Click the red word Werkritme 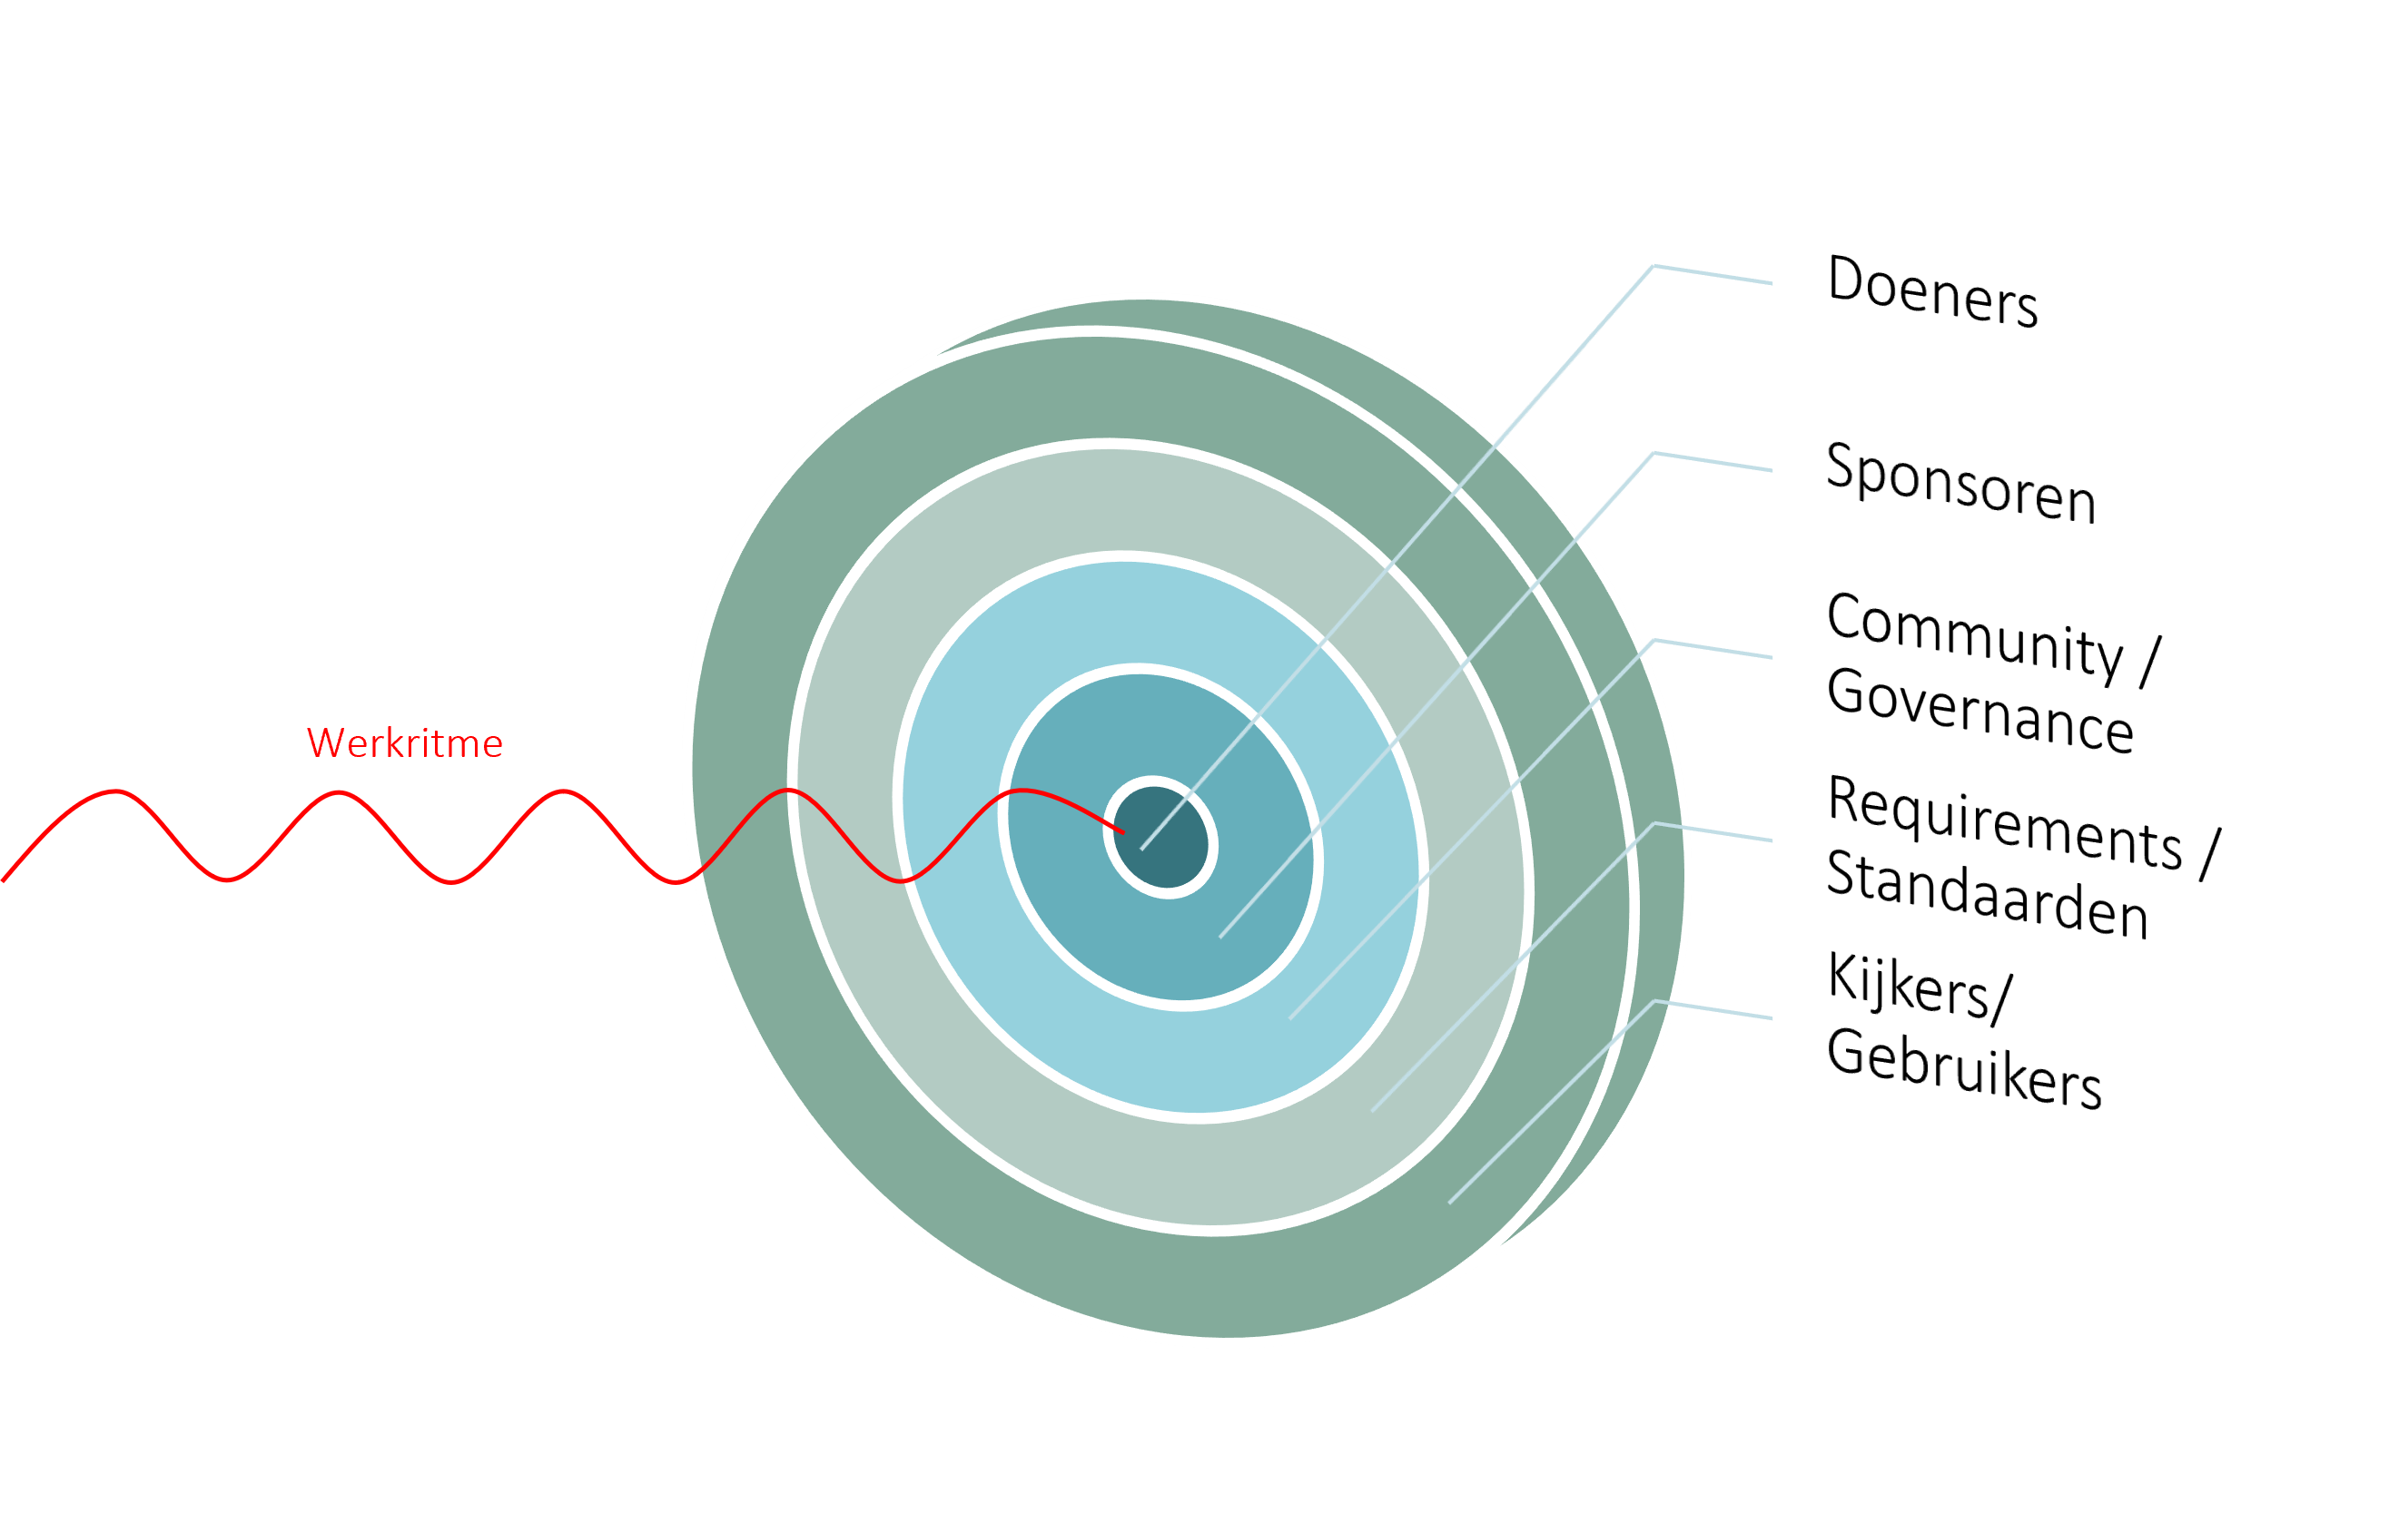tap(404, 744)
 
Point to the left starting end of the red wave tap(5, 879)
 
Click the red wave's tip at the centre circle tap(1124, 831)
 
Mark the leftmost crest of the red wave tap(116, 791)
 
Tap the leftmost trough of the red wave tap(227, 879)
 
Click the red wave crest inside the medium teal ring tap(1024, 791)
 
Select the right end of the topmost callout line tap(1772, 284)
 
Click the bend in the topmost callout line tap(1654, 266)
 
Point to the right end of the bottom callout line tap(1772, 1019)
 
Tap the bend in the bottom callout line tap(1654, 1001)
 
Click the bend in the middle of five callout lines tap(1654, 641)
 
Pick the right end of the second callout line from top tap(1772, 471)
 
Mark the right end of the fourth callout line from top tap(1772, 841)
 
